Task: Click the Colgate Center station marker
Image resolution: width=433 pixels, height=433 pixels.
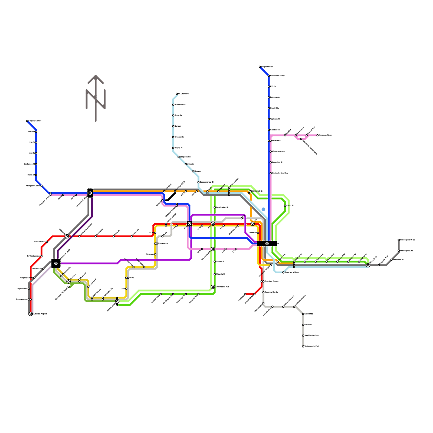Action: [27, 121]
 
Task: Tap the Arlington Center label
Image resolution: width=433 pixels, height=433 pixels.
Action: [33, 186]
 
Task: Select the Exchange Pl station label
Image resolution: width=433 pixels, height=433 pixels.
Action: [29, 164]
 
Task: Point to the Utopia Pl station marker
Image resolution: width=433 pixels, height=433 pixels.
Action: [173, 148]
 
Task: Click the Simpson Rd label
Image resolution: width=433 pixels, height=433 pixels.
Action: [185, 157]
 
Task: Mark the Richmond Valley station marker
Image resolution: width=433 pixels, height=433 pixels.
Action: [269, 76]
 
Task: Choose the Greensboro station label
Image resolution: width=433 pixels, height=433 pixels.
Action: [275, 130]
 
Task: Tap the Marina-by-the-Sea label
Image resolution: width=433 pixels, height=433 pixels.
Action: [280, 173]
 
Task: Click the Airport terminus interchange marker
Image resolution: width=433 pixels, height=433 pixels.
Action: [31, 314]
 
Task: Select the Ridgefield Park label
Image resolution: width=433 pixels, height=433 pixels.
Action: [26, 278]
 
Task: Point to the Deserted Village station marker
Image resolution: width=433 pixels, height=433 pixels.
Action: [283, 273]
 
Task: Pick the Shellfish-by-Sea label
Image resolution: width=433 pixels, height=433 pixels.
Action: [311, 336]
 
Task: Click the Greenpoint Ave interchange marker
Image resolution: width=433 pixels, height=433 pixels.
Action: [213, 287]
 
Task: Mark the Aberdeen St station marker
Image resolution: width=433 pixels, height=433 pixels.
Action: [392, 260]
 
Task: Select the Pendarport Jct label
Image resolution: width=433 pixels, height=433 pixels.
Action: [406, 251]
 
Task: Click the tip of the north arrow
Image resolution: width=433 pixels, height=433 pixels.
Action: [96, 76]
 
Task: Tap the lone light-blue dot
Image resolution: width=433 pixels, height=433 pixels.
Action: [263, 209]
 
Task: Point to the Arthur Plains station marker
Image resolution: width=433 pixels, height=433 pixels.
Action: [47, 242]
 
